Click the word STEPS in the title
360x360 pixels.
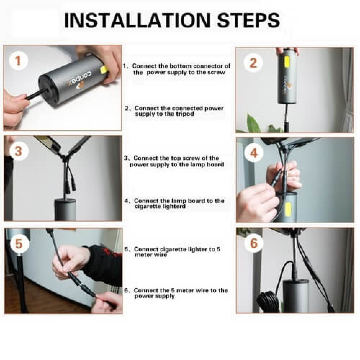(x=249, y=20)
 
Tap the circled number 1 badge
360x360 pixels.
(x=18, y=61)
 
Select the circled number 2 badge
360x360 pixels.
(x=253, y=63)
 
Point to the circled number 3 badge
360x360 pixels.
(x=18, y=151)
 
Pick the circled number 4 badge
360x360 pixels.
(x=254, y=153)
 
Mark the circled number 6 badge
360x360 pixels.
(x=254, y=243)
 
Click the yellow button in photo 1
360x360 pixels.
(x=105, y=70)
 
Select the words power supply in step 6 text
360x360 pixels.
(x=154, y=296)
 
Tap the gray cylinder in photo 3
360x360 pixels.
(x=65, y=210)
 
